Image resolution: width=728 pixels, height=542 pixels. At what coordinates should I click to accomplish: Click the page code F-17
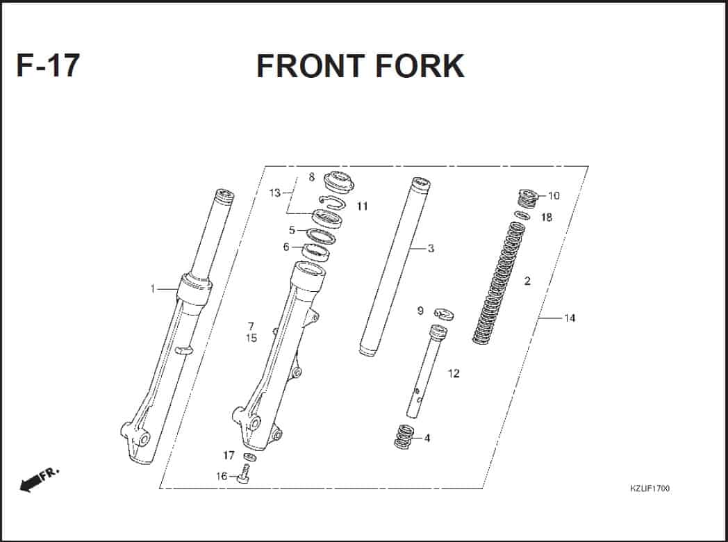(x=48, y=65)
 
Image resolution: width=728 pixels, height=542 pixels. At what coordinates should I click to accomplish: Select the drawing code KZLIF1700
(x=650, y=488)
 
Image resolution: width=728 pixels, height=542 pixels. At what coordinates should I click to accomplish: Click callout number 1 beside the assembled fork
(x=153, y=289)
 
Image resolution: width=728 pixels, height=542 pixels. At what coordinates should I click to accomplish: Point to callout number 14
(x=570, y=318)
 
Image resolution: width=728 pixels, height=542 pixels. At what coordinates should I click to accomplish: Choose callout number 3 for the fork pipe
(x=431, y=249)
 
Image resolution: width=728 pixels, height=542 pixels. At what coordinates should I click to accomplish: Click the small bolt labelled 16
(x=244, y=475)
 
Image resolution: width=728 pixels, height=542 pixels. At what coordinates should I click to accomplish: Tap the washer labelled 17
(x=249, y=457)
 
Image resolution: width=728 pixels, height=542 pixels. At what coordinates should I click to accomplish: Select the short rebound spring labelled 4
(x=404, y=436)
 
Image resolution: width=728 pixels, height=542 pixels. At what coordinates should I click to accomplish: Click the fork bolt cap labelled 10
(x=529, y=199)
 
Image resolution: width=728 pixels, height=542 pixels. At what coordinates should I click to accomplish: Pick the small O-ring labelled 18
(x=522, y=215)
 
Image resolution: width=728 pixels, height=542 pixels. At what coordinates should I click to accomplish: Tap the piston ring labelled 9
(x=445, y=314)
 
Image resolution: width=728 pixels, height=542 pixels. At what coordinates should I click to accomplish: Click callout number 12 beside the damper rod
(x=454, y=373)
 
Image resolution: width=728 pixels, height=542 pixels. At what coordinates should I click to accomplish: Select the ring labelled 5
(x=316, y=236)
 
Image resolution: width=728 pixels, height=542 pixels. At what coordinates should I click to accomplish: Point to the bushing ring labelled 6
(x=315, y=252)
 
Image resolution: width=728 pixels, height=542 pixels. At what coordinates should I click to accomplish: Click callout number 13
(x=275, y=192)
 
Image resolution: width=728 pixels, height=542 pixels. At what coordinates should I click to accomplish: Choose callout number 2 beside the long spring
(x=527, y=281)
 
